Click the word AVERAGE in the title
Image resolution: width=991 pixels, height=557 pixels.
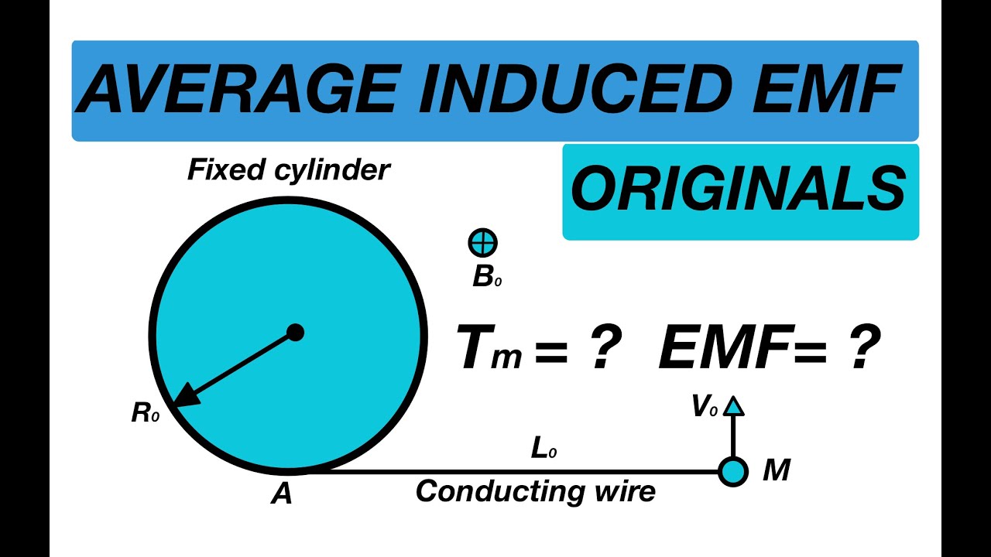pos(237,88)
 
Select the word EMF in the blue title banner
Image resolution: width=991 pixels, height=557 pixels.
pos(826,88)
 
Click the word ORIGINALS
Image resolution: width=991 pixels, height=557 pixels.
pos(739,188)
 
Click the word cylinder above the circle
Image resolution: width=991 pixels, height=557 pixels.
pos(332,171)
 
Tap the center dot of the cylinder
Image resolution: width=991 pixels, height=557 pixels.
pos(295,333)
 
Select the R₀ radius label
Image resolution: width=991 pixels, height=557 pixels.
pos(145,413)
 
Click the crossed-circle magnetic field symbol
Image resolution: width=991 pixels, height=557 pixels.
pos(482,243)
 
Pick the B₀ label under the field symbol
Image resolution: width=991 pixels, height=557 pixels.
pos(487,278)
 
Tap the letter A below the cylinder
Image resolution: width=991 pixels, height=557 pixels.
pos(282,494)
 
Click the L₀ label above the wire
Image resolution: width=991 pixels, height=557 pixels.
pos(544,449)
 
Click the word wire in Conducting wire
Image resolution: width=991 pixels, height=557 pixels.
pos(626,491)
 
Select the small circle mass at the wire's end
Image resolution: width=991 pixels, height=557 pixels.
pos(733,472)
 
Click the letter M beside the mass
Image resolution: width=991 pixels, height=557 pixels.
pos(777,470)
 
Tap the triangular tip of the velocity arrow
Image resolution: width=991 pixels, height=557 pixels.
pos(733,406)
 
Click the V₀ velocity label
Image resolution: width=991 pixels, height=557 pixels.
pos(705,406)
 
